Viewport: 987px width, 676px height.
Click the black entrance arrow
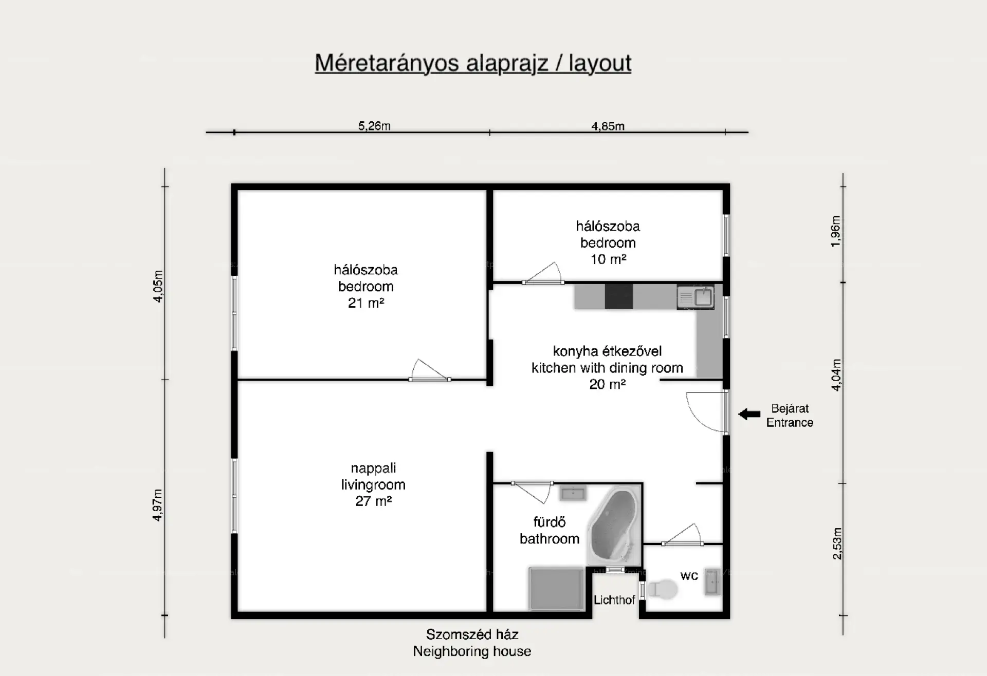(749, 414)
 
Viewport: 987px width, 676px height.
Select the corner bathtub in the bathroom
(615, 527)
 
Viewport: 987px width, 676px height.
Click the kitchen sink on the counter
(696, 296)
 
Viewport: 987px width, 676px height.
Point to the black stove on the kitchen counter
(619, 296)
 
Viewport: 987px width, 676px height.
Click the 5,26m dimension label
(374, 126)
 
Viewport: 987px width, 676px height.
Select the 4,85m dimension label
(608, 126)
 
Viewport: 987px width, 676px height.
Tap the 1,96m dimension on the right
(836, 231)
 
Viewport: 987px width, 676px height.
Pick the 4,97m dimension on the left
(157, 505)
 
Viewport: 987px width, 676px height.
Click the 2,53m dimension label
(837, 543)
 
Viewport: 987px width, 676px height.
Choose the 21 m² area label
(366, 303)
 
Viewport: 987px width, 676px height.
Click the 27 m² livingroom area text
(374, 501)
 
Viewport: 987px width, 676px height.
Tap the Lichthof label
(614, 600)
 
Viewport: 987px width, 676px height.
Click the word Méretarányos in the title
(387, 63)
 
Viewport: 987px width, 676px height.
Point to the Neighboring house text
(472, 651)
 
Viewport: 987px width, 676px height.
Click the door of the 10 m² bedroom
(543, 273)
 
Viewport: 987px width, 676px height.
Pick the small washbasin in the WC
(712, 582)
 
